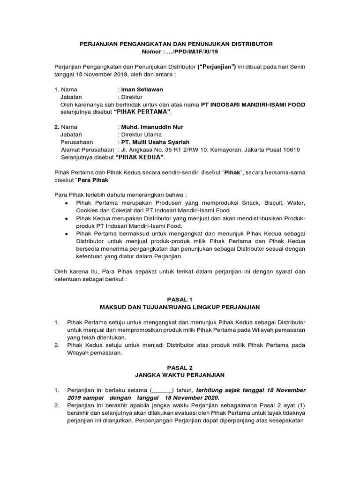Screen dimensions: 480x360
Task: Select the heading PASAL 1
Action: pos(180,299)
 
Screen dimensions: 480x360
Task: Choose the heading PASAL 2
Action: pos(180,367)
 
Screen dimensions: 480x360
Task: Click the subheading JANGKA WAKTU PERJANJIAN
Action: pos(180,375)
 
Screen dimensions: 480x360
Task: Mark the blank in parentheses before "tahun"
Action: pos(162,390)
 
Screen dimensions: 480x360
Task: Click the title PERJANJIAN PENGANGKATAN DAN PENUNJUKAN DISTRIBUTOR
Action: pos(180,44)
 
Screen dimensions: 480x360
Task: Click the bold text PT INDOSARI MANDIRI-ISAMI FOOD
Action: pos(253,105)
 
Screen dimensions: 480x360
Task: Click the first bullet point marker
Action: pos(66,203)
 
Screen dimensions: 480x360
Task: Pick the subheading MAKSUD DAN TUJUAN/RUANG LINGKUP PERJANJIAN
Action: pos(180,307)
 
